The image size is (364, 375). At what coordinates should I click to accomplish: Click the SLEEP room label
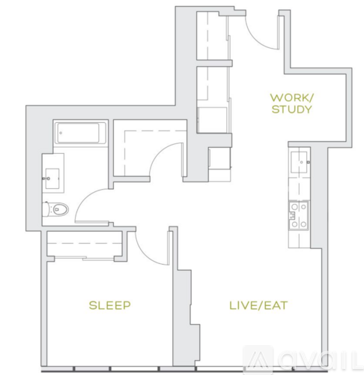(109, 305)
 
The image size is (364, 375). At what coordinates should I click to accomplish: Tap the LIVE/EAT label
(258, 305)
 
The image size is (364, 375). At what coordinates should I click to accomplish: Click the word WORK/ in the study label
(291, 97)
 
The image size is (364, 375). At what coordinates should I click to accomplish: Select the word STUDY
(291, 109)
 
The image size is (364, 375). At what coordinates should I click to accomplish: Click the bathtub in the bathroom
(80, 133)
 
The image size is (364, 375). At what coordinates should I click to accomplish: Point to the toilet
(55, 209)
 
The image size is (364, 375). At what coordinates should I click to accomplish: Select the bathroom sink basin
(52, 178)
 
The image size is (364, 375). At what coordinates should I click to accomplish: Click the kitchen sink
(300, 162)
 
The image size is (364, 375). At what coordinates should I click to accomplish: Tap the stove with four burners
(299, 215)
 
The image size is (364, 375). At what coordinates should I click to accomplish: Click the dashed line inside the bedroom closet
(84, 243)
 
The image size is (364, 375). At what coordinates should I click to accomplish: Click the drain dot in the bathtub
(61, 133)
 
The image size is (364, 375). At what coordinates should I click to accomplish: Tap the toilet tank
(46, 209)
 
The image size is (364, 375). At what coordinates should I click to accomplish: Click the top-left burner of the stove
(294, 207)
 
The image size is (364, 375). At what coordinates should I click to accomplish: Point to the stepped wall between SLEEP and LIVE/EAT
(185, 300)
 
